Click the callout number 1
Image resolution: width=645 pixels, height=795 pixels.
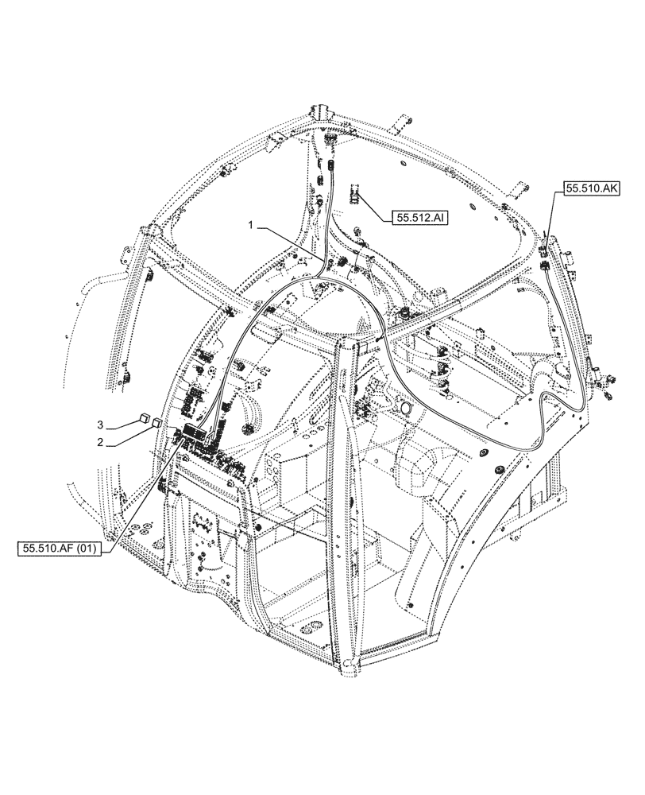coord(250,226)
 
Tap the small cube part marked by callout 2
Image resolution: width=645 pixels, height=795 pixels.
coord(158,422)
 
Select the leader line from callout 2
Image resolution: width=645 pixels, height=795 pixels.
coord(131,433)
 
